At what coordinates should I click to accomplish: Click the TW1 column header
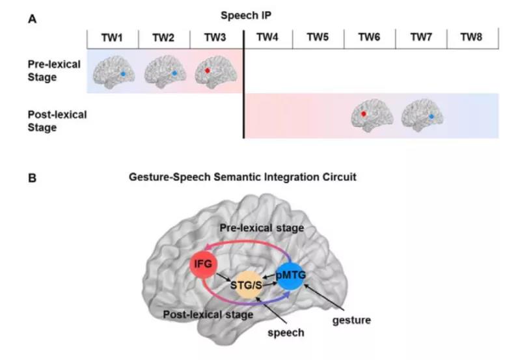(112, 37)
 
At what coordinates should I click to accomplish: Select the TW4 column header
(267, 37)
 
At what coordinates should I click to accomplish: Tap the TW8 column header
(472, 37)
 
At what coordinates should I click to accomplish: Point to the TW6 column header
(369, 37)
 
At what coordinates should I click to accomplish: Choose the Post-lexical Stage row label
(57, 121)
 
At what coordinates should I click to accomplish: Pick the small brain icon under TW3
(215, 70)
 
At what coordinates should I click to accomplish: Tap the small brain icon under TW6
(370, 116)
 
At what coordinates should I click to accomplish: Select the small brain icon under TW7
(422, 116)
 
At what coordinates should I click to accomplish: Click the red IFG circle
(202, 264)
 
